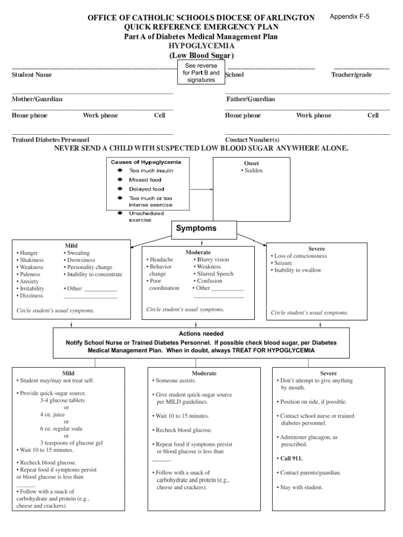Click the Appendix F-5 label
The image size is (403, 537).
(349, 17)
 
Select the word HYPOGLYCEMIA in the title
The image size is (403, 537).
(201, 46)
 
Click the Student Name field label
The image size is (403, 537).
(31, 75)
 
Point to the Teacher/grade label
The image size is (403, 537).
(351, 75)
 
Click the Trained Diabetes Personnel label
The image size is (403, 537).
(50, 140)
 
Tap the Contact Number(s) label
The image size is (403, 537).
(252, 140)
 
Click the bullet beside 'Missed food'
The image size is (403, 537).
(120, 180)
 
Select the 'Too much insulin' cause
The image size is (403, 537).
(151, 170)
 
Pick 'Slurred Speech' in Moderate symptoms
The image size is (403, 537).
(215, 274)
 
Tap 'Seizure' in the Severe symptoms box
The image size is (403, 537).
(283, 263)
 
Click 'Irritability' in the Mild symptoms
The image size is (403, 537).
(31, 288)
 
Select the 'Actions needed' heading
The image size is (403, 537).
(201, 334)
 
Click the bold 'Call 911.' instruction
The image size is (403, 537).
(292, 458)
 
